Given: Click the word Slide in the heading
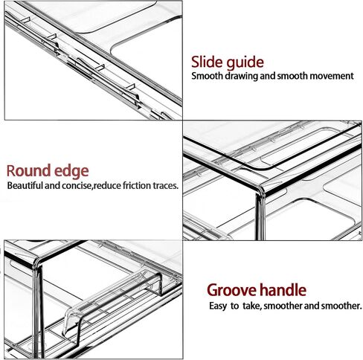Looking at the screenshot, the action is click(207, 62).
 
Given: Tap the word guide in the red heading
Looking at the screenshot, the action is click(245, 63).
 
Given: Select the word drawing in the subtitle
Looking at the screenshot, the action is click(242, 76).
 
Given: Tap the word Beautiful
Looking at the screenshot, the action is click(25, 185).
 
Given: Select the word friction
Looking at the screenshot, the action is click(137, 185).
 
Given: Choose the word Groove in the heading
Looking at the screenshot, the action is click(232, 290).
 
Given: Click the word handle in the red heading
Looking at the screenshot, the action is click(283, 290).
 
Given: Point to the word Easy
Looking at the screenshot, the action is click(218, 306).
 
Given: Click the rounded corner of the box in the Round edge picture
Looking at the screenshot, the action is click(261, 189).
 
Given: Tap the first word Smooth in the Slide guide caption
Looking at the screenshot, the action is click(208, 76).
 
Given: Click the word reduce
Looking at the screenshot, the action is click(107, 186).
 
